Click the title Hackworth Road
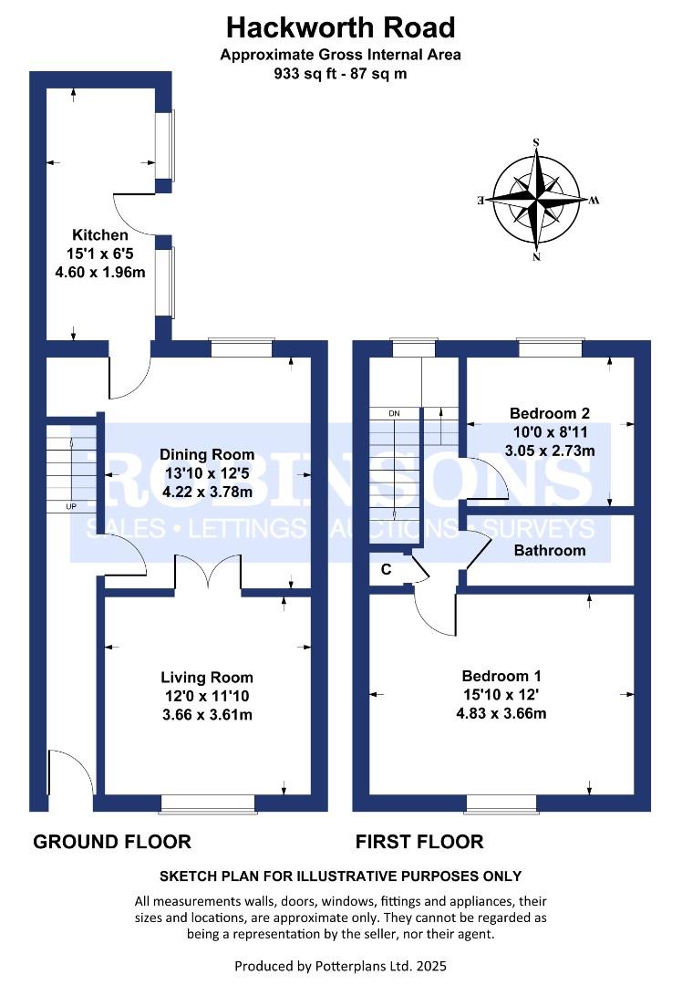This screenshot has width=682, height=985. coord(340,26)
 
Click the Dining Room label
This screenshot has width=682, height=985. coord(207,455)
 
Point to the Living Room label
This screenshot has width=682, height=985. coord(206,678)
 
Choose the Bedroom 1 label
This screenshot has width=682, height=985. coord(501,676)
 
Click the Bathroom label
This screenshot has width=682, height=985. coord(549,550)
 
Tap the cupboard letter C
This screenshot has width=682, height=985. coord(386,570)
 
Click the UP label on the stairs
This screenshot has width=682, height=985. coord(70,505)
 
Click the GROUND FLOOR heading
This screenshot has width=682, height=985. coord(112,842)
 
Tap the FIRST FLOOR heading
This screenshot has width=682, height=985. coord(419,842)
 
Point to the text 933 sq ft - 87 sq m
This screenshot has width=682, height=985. coord(340,74)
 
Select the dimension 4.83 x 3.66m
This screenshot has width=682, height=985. coord(501,713)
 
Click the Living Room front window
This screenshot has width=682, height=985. coord(208,803)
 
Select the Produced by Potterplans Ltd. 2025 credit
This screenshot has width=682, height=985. coord(340,965)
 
